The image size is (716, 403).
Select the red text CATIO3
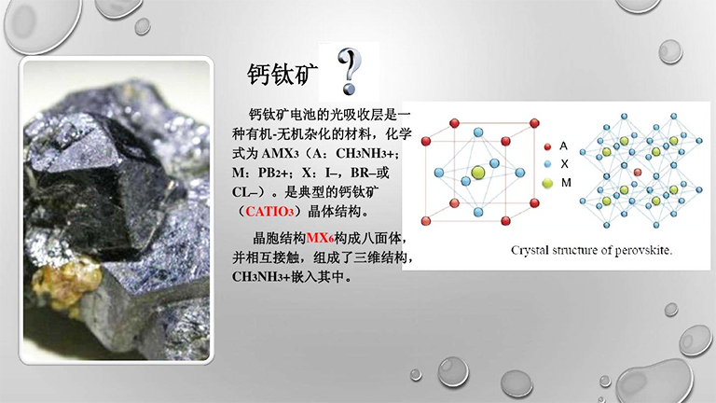(x=278, y=209)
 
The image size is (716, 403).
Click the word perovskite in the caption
(x=640, y=251)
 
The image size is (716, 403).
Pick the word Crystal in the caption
(x=532, y=251)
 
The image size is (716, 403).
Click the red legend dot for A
(x=547, y=146)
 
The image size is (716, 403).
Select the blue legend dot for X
(x=547, y=164)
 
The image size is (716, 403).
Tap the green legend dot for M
(x=547, y=183)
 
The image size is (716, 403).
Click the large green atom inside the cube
(x=477, y=172)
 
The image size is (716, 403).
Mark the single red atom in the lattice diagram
(x=637, y=173)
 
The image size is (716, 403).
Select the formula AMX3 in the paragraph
(x=285, y=153)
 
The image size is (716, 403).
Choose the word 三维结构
(x=380, y=257)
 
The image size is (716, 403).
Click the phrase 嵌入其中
(x=327, y=277)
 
